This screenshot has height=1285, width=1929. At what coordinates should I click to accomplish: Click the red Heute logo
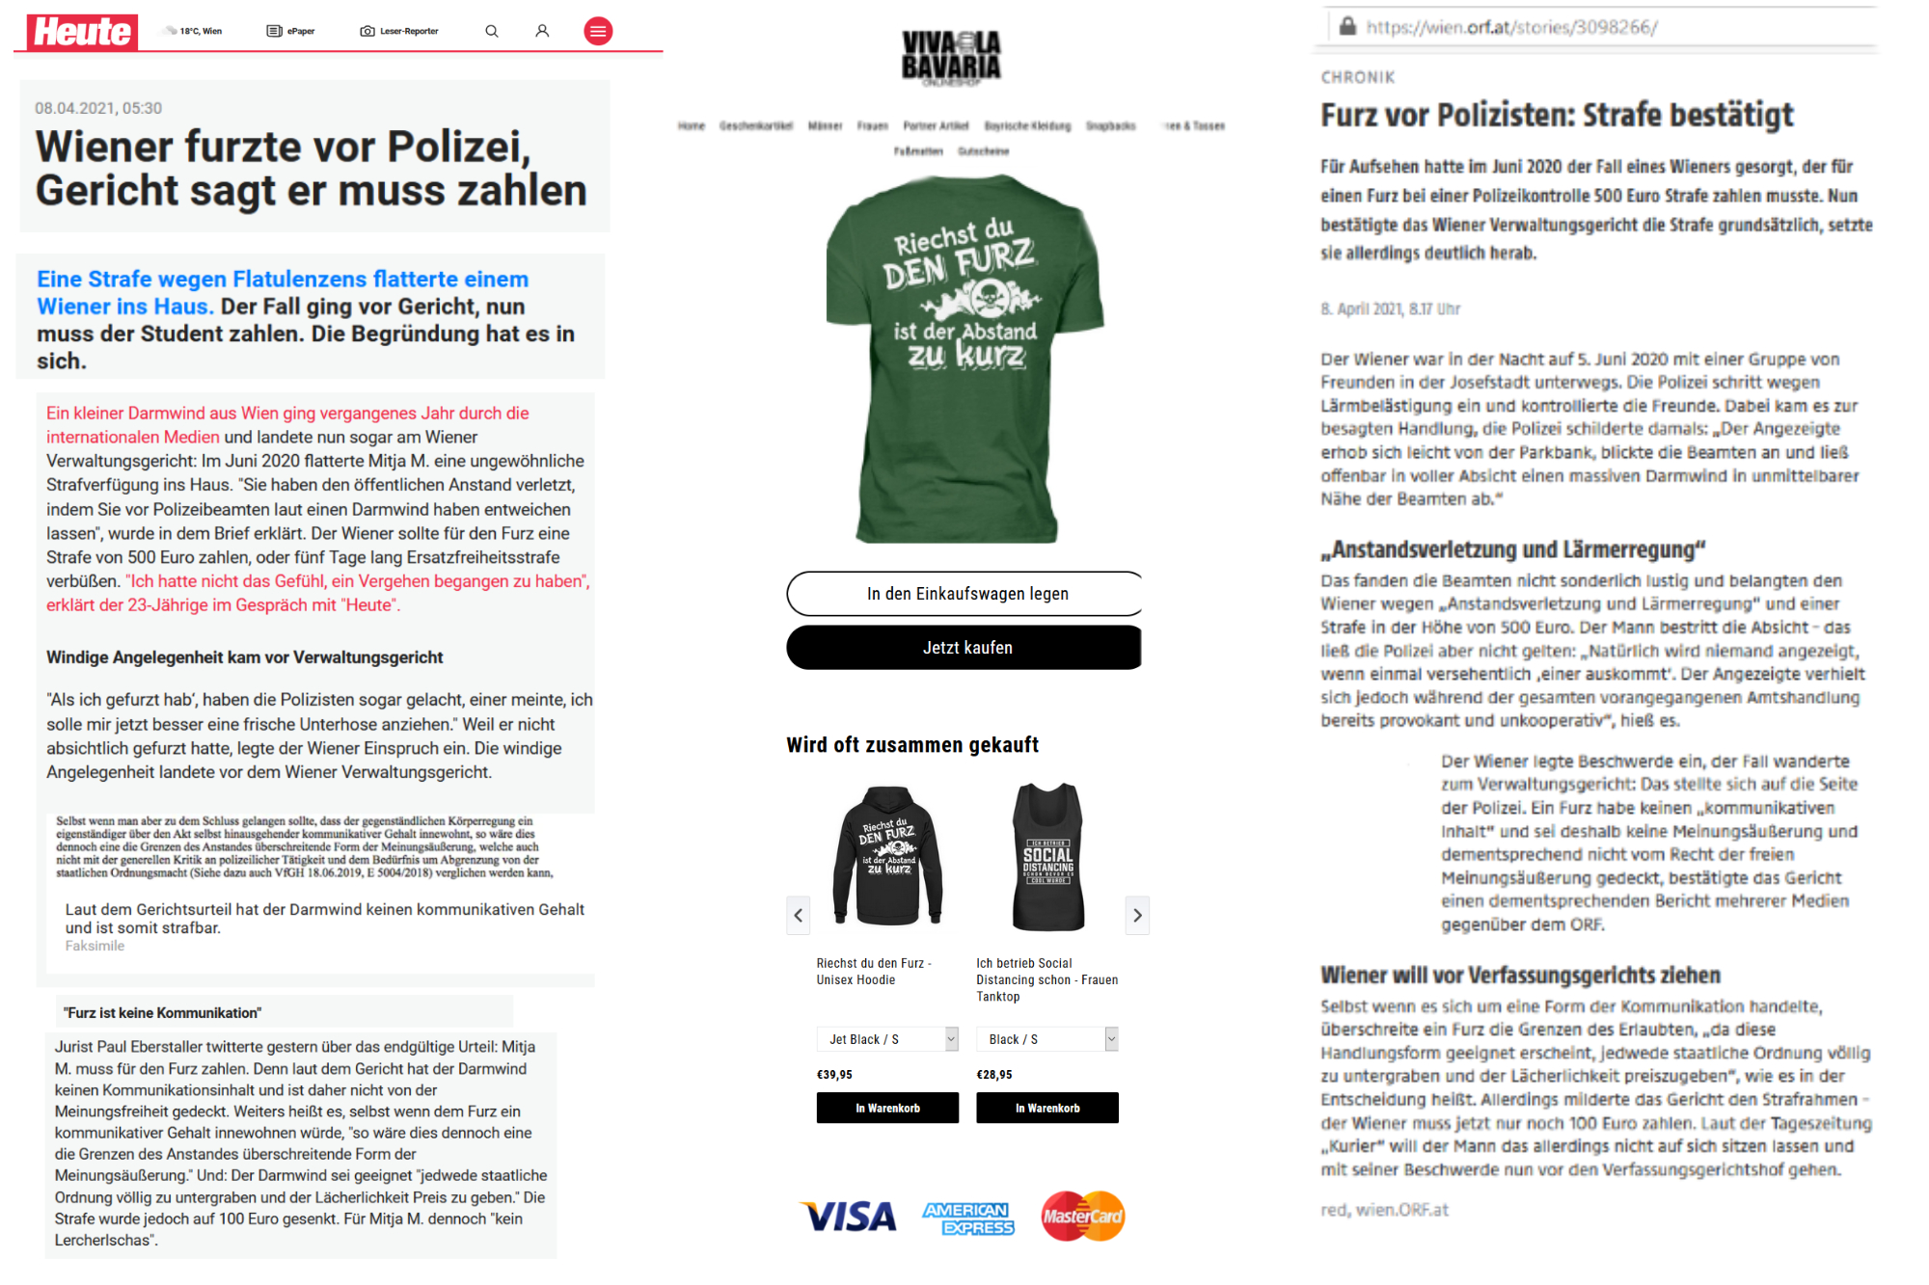(82, 32)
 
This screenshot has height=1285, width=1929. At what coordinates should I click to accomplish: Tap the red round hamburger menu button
(598, 32)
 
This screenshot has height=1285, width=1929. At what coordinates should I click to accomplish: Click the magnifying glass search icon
(492, 32)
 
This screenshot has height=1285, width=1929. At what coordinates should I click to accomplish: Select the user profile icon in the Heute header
(542, 32)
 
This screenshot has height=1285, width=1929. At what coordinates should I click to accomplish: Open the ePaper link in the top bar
(291, 32)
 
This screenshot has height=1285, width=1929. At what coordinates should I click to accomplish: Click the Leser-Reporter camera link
(399, 32)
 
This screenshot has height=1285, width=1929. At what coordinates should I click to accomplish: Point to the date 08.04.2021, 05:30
(98, 108)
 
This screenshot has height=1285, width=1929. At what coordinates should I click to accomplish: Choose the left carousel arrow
(799, 915)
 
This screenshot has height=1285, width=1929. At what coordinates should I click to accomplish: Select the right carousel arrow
(1137, 915)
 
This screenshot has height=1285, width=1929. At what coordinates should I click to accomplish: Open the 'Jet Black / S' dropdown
(887, 1039)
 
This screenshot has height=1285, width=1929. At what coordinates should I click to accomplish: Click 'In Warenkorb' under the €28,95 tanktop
(1047, 1108)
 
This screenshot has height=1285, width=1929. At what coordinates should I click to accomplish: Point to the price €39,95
(835, 1074)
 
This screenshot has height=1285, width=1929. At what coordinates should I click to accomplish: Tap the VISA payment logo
(850, 1217)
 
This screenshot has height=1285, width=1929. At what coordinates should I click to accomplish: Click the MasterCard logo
(1082, 1217)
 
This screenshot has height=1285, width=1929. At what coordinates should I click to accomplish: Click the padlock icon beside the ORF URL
(1348, 26)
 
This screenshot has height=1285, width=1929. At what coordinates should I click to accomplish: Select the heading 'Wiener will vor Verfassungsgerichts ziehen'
(1520, 975)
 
